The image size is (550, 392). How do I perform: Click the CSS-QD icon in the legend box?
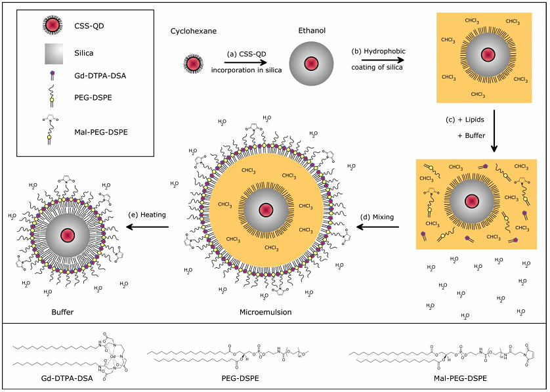pyautogui.click(x=52, y=25)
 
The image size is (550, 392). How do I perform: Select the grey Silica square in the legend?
pyautogui.click(x=52, y=54)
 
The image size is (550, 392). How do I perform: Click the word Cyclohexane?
pyautogui.click(x=194, y=31)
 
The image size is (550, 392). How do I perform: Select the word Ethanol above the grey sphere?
pyautogui.click(x=309, y=30)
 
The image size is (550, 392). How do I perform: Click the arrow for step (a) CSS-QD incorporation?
pyautogui.click(x=245, y=61)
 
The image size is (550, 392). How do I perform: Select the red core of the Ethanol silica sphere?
pyautogui.click(x=309, y=64)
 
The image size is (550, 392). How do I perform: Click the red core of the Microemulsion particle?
pyautogui.click(x=266, y=209)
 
